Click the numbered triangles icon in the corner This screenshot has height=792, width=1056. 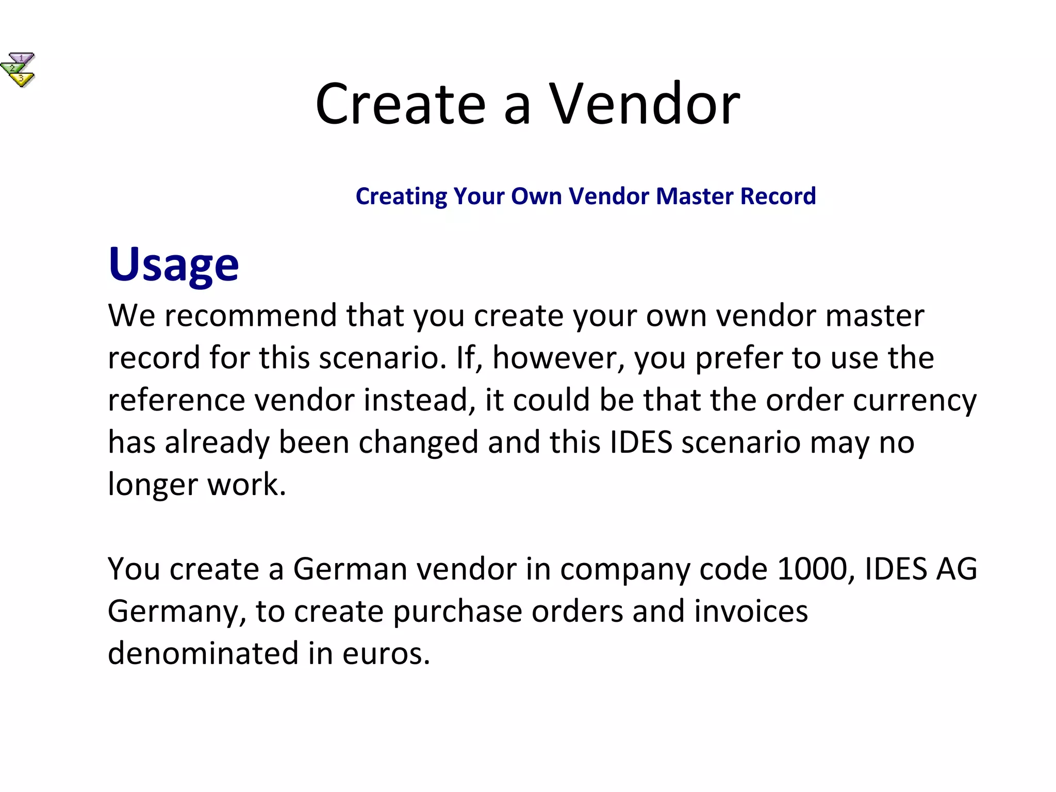18,70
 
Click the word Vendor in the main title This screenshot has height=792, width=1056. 645,104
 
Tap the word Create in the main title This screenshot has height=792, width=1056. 401,104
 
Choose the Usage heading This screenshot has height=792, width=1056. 174,265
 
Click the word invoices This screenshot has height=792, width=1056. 751,611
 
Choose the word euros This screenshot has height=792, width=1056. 386,653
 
